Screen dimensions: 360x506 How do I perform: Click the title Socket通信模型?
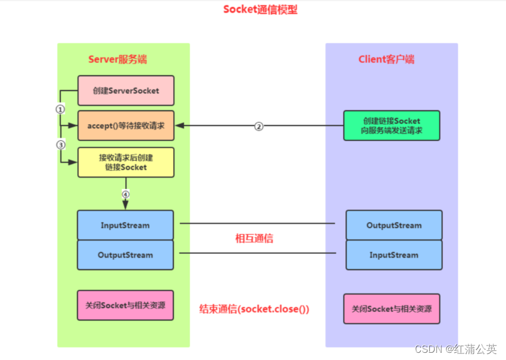[x=260, y=10]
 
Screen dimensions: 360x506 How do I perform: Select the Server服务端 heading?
[x=118, y=59]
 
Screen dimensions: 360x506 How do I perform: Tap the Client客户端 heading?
[x=386, y=59]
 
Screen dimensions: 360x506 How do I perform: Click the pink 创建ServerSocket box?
[x=126, y=91]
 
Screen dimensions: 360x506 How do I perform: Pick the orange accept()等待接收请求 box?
[x=126, y=125]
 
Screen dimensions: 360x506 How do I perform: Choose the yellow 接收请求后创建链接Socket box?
[x=126, y=162]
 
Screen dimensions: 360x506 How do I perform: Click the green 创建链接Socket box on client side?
[x=391, y=125]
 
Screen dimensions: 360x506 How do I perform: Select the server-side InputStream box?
[x=125, y=225]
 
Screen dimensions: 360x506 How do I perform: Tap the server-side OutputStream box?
[x=125, y=255]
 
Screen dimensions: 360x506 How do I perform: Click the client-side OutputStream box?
[x=394, y=225]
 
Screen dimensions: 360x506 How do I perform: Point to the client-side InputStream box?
[x=394, y=255]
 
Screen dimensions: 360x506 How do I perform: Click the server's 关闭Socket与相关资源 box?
[x=125, y=305]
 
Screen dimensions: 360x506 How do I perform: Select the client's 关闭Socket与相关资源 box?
[x=391, y=309]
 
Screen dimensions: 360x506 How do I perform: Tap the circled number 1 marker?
[x=60, y=109]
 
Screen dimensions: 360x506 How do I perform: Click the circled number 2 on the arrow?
[x=258, y=127]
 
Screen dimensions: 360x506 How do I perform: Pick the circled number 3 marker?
[x=60, y=145]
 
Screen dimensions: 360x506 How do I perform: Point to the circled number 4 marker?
[x=125, y=194]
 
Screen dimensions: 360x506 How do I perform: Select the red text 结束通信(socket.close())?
[x=254, y=309]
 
